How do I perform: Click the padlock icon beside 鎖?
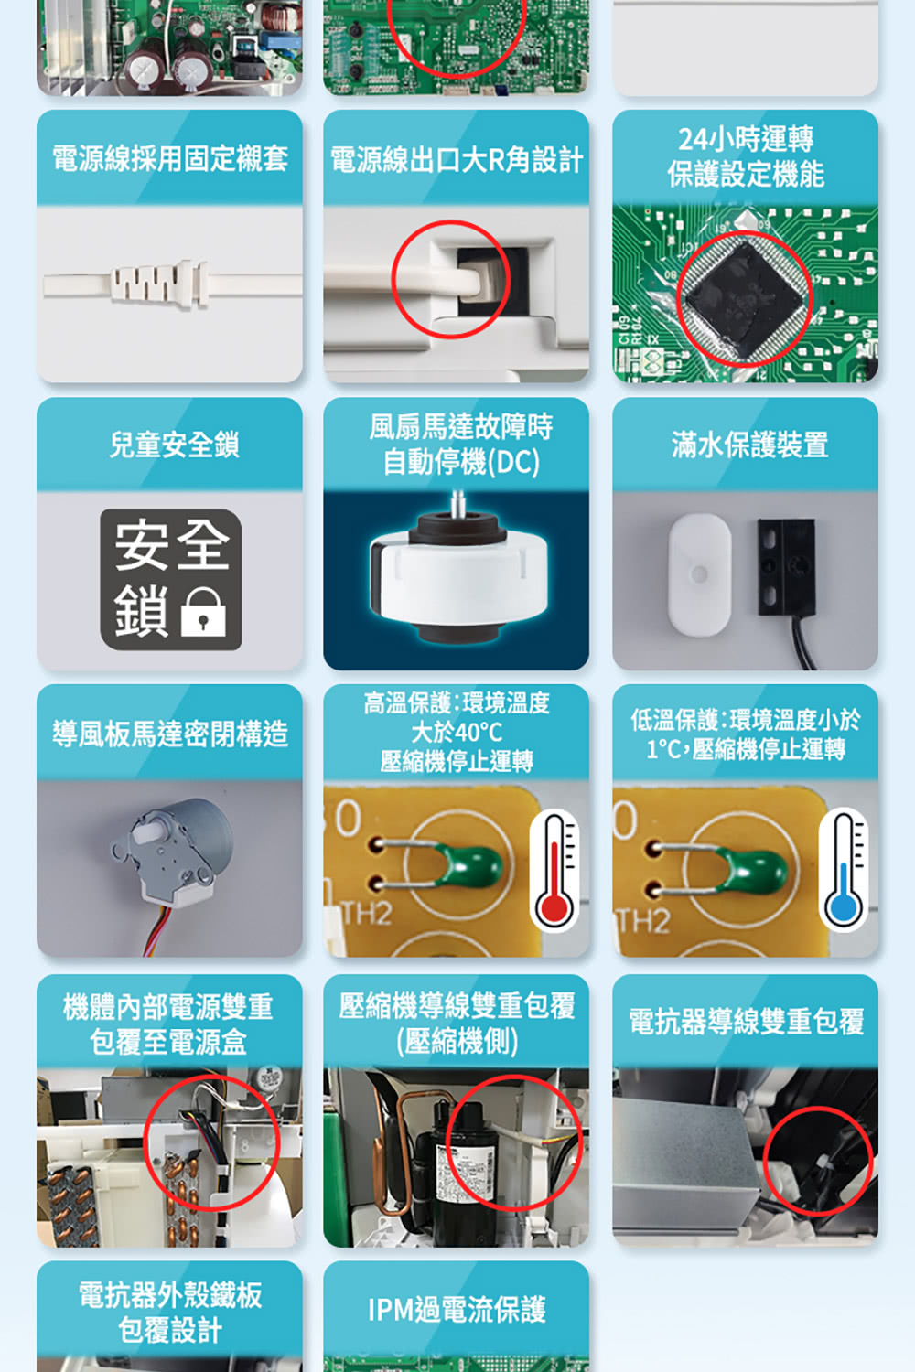[x=203, y=612]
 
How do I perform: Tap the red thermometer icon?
[x=554, y=870]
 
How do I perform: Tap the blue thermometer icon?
[x=843, y=870]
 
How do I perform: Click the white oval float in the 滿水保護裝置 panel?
[x=699, y=574]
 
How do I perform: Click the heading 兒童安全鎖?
[x=174, y=445]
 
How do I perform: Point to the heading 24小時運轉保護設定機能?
[x=746, y=156]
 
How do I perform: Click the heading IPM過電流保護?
[x=457, y=1310]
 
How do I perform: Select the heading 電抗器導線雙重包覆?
[x=746, y=1022]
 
